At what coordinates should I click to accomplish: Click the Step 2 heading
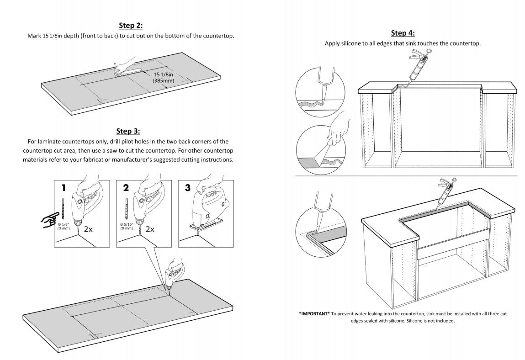pyautogui.click(x=131, y=26)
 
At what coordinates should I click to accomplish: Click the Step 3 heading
pyautogui.click(x=128, y=132)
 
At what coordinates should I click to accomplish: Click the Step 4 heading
pyautogui.click(x=403, y=33)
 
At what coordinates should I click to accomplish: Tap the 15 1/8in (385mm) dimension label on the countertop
pyautogui.click(x=163, y=78)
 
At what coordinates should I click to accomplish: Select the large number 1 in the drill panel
pyautogui.click(x=64, y=188)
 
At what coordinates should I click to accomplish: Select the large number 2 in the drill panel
pyautogui.click(x=126, y=188)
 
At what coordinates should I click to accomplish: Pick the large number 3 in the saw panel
pyautogui.click(x=187, y=188)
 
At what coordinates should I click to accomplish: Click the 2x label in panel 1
pyautogui.click(x=88, y=229)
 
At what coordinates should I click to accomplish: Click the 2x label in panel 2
pyautogui.click(x=150, y=229)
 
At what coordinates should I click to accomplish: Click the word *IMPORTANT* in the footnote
pyautogui.click(x=314, y=314)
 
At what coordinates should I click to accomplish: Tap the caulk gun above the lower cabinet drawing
pyautogui.click(x=443, y=193)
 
